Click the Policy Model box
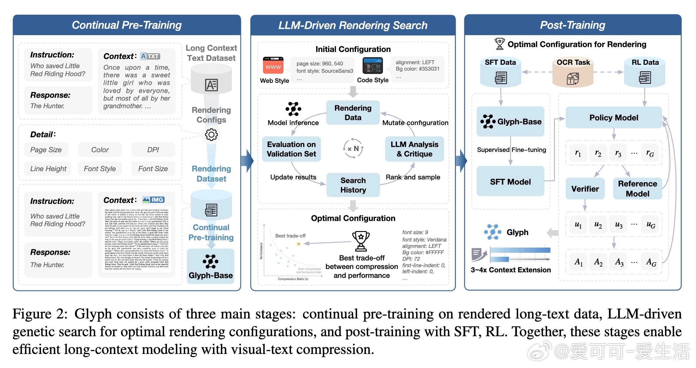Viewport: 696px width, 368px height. tap(613, 118)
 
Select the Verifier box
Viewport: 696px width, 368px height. tap(585, 189)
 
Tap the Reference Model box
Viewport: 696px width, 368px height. tap(637, 189)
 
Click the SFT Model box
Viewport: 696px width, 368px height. tap(510, 182)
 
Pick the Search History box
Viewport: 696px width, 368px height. tap(353, 185)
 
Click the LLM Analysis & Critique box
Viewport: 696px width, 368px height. tap(414, 149)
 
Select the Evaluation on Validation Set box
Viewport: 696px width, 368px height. tap(291, 149)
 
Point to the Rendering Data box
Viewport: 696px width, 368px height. tap(353, 113)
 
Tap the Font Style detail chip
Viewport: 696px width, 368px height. tap(100, 169)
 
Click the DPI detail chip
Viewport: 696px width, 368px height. tap(153, 150)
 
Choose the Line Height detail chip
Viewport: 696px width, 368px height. tap(48, 169)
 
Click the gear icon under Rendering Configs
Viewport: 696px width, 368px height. tap(211, 134)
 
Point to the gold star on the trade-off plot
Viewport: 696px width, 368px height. tap(298, 244)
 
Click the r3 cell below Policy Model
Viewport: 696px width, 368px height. tap(618, 153)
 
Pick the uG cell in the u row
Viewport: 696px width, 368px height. tap(651, 225)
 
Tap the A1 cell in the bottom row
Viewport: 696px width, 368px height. tap(578, 262)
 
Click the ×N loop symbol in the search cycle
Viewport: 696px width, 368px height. tap(353, 149)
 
